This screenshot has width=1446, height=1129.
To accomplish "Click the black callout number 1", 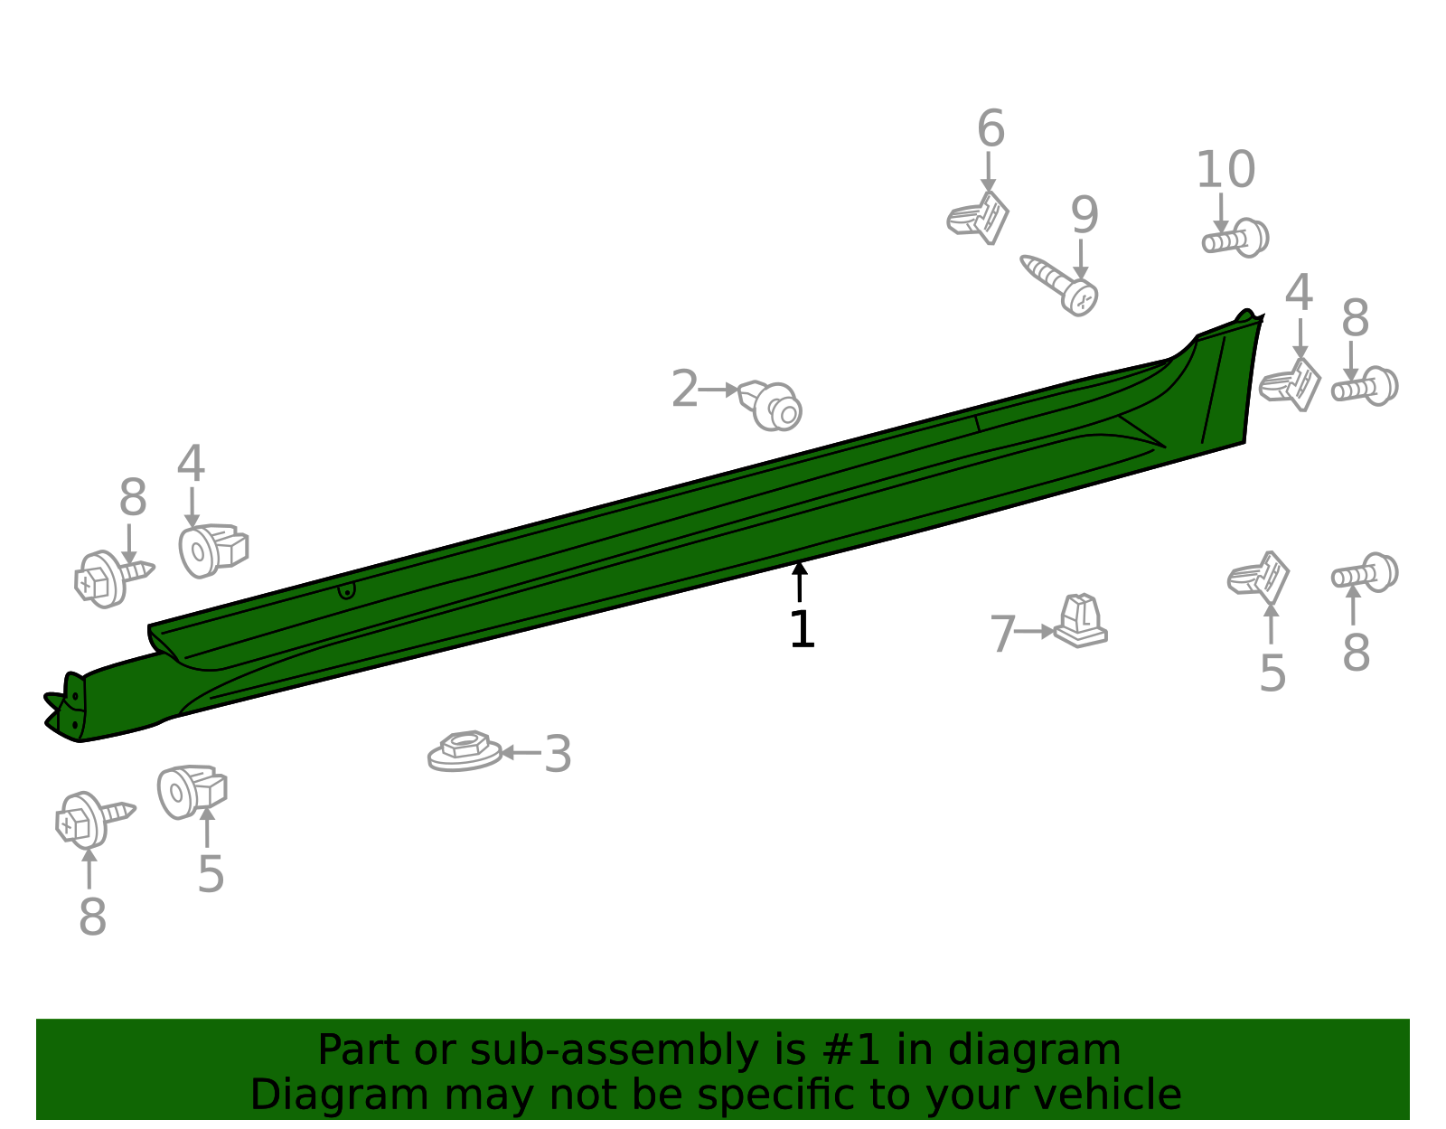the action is click(x=802, y=629).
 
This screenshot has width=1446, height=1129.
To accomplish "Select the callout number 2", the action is click(x=685, y=390).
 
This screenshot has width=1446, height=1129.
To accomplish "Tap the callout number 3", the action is click(x=558, y=755).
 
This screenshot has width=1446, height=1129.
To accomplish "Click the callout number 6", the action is click(x=991, y=128).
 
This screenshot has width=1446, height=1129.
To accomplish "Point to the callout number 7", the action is click(x=1002, y=634).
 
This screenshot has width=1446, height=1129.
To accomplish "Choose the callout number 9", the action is click(x=1084, y=215).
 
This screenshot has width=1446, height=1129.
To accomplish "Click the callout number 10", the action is click(x=1225, y=170).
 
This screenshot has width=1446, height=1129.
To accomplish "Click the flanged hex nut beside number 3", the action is click(x=464, y=751).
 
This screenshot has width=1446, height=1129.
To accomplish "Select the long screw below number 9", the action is click(x=1058, y=285).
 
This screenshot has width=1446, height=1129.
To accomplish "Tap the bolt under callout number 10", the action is click(x=1235, y=238).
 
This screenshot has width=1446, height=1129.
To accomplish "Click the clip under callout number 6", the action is click(x=978, y=218).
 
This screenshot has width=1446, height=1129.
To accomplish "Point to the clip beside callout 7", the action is click(x=1080, y=621).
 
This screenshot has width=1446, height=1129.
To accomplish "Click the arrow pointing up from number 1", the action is click(x=799, y=582).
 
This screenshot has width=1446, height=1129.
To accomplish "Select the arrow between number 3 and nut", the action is click(x=521, y=753).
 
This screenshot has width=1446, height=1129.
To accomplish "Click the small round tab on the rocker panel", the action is click(x=346, y=590).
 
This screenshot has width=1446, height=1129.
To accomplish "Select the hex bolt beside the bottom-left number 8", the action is click(x=96, y=820).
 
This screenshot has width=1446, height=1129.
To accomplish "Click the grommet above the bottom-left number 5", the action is click(x=192, y=792).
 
